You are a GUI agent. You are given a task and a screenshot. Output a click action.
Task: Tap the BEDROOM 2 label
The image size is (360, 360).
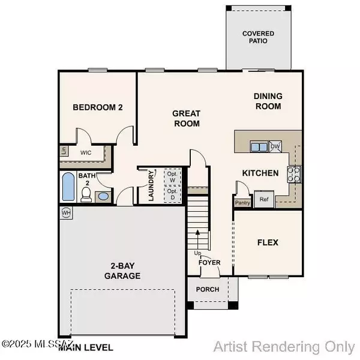tap(98, 108)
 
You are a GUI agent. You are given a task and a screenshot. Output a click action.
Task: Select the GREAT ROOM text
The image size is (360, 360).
tap(186, 118)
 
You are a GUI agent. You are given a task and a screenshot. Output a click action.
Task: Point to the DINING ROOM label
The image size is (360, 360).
tap(268, 101)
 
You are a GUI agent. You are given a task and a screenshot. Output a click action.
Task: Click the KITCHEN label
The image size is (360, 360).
tap(260, 173)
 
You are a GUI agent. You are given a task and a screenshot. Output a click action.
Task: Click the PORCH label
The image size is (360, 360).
tap(208, 289)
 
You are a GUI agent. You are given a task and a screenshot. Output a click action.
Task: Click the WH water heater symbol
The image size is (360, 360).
tap(65, 212)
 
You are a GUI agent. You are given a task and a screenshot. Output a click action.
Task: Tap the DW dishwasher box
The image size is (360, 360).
tap(275, 146)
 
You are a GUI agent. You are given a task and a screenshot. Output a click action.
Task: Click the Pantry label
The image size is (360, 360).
tap(242, 203)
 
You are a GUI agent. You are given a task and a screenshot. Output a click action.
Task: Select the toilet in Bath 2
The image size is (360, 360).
tap(86, 193)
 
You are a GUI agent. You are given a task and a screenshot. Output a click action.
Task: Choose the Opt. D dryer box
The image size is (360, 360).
tap(173, 194)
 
